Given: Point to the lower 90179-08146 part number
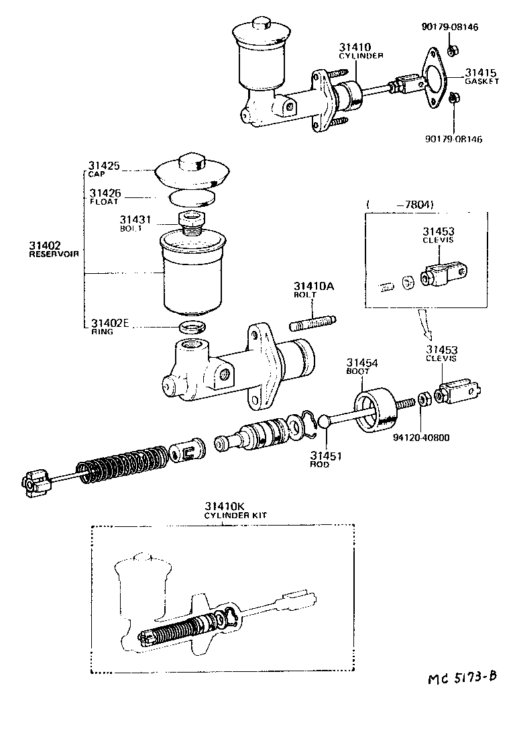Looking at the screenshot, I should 453,139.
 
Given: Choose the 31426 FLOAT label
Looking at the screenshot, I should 105,197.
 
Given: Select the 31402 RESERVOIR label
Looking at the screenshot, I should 54,250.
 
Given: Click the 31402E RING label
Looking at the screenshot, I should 109,326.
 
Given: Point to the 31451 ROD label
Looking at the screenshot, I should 325,459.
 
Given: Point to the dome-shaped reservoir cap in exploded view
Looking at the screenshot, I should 192,171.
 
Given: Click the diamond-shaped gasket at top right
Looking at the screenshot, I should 436,77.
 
